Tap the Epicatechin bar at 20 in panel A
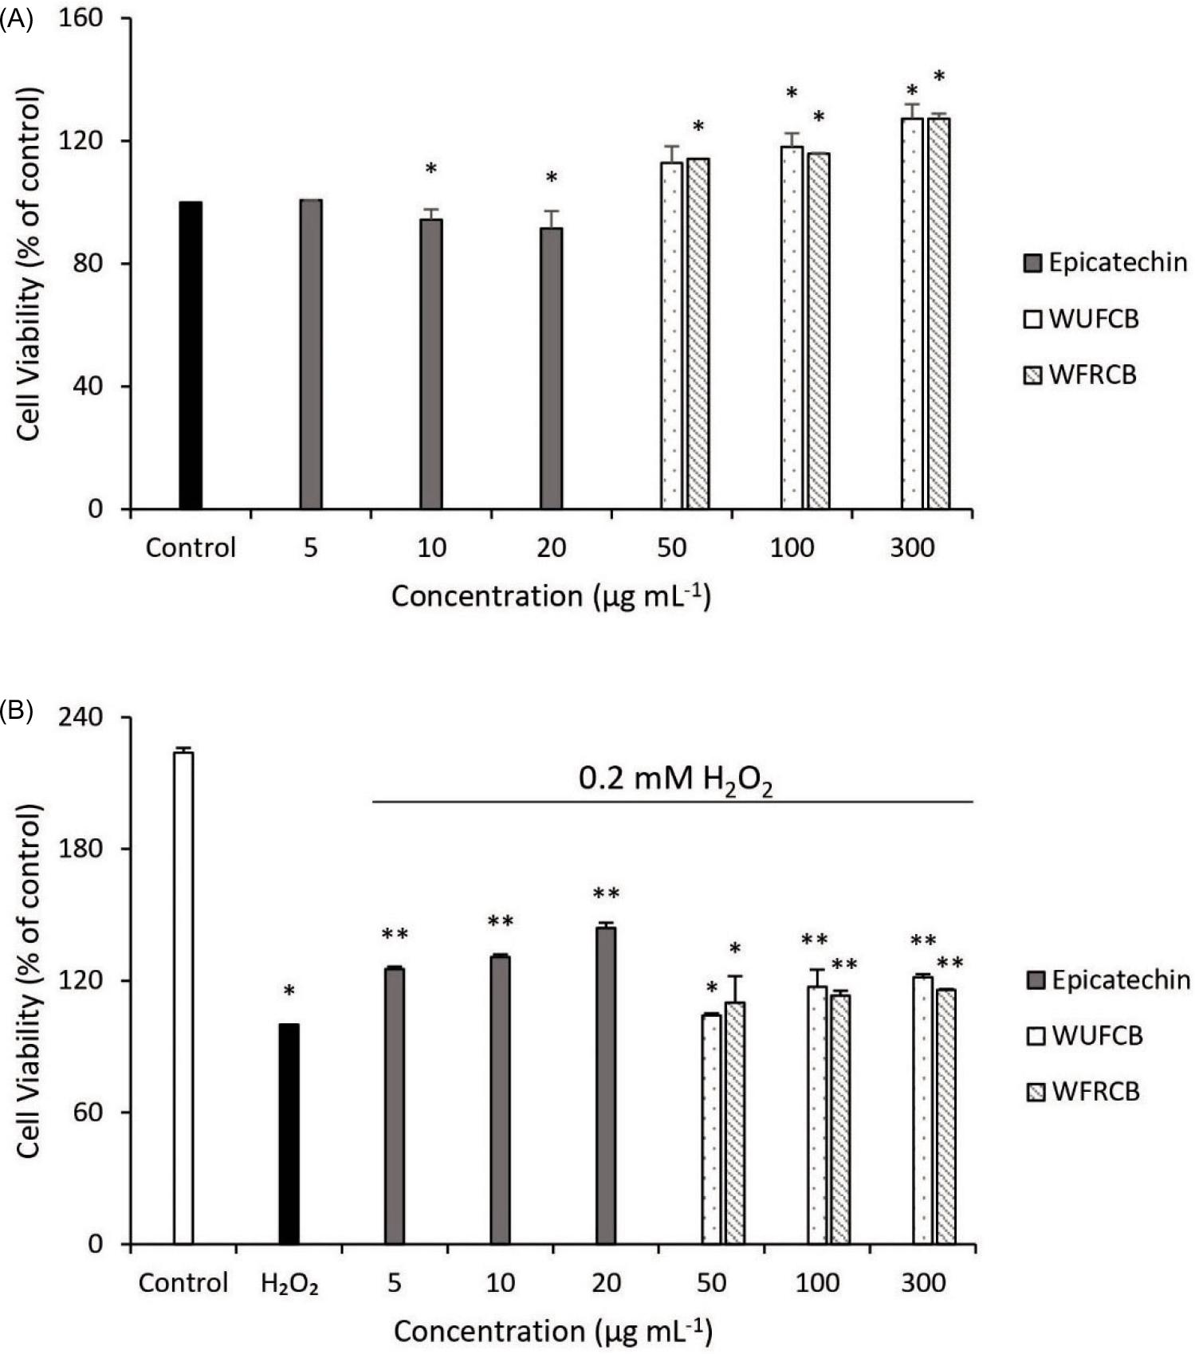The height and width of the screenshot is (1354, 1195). [x=551, y=368]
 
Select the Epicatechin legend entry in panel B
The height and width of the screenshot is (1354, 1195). [x=1109, y=979]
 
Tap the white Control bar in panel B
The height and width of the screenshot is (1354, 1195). [x=183, y=997]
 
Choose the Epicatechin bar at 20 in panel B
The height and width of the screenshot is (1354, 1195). [x=606, y=1085]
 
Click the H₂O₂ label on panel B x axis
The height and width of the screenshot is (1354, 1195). [x=290, y=1284]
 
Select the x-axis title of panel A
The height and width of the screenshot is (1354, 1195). [x=550, y=596]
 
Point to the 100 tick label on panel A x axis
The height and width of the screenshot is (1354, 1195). [x=792, y=548]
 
